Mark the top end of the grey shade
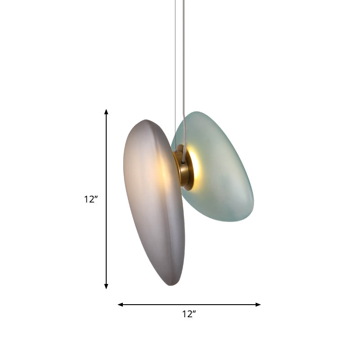click(x=146, y=120)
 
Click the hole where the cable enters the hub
click(x=183, y=161)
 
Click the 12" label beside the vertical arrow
click(x=91, y=199)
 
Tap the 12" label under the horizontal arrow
click(x=189, y=315)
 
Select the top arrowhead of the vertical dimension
click(x=106, y=111)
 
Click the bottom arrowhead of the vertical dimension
click(x=106, y=286)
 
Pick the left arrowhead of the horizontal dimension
click(x=120, y=305)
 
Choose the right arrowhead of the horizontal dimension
click(x=258, y=305)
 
